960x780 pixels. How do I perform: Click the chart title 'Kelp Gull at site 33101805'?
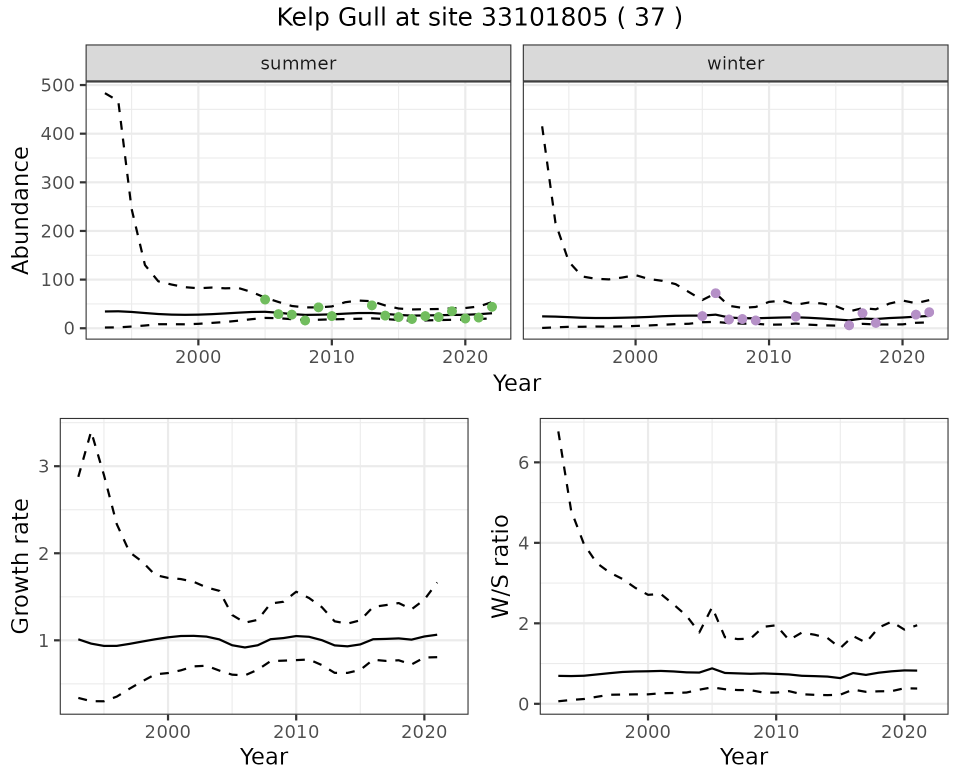coord(479,18)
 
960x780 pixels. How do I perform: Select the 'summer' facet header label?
coord(298,63)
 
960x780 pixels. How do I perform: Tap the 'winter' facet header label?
coord(735,63)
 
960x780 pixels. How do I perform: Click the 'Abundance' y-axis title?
coord(21,210)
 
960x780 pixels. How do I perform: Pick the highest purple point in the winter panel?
coord(715,293)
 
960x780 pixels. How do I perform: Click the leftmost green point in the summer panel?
coord(265,299)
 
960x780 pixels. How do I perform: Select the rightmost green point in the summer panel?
coord(492,306)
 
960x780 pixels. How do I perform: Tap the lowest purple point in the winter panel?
coord(849,325)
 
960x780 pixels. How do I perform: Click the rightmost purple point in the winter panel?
coord(929,312)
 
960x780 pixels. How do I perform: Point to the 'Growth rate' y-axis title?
coord(21,566)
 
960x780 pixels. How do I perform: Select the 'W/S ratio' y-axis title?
coord(500,566)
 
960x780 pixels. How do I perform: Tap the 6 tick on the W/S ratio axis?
coord(523,462)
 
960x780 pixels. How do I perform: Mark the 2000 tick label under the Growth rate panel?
coord(168,732)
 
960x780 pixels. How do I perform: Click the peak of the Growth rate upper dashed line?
coord(90,434)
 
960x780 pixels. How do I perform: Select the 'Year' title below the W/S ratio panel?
coord(743,757)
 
